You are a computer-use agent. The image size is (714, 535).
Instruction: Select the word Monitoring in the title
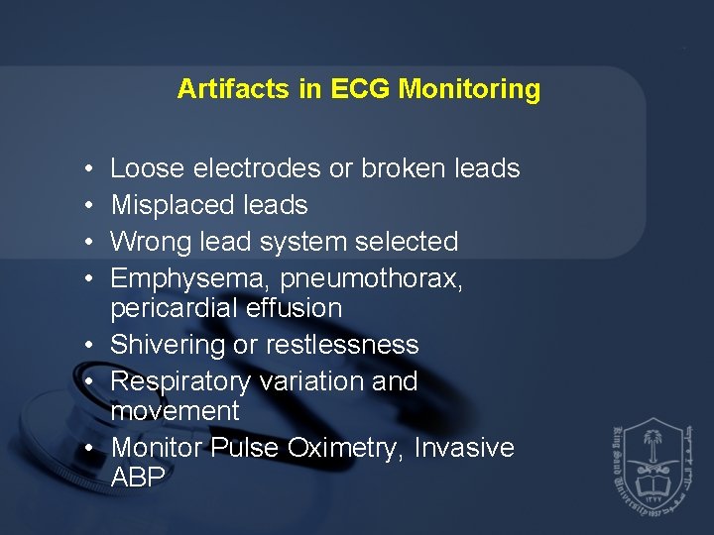pos(469,89)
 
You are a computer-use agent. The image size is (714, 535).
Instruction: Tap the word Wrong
pos(152,242)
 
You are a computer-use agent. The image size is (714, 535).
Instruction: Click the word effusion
pos(297,308)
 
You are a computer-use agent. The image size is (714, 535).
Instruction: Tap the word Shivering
pos(167,345)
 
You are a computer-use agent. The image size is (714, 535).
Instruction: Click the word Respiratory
pos(180,381)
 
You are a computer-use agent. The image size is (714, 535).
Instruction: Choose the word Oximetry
pos(344,448)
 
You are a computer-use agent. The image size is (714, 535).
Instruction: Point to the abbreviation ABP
pos(138,477)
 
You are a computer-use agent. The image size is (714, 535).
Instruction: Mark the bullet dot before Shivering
pos(89,346)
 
